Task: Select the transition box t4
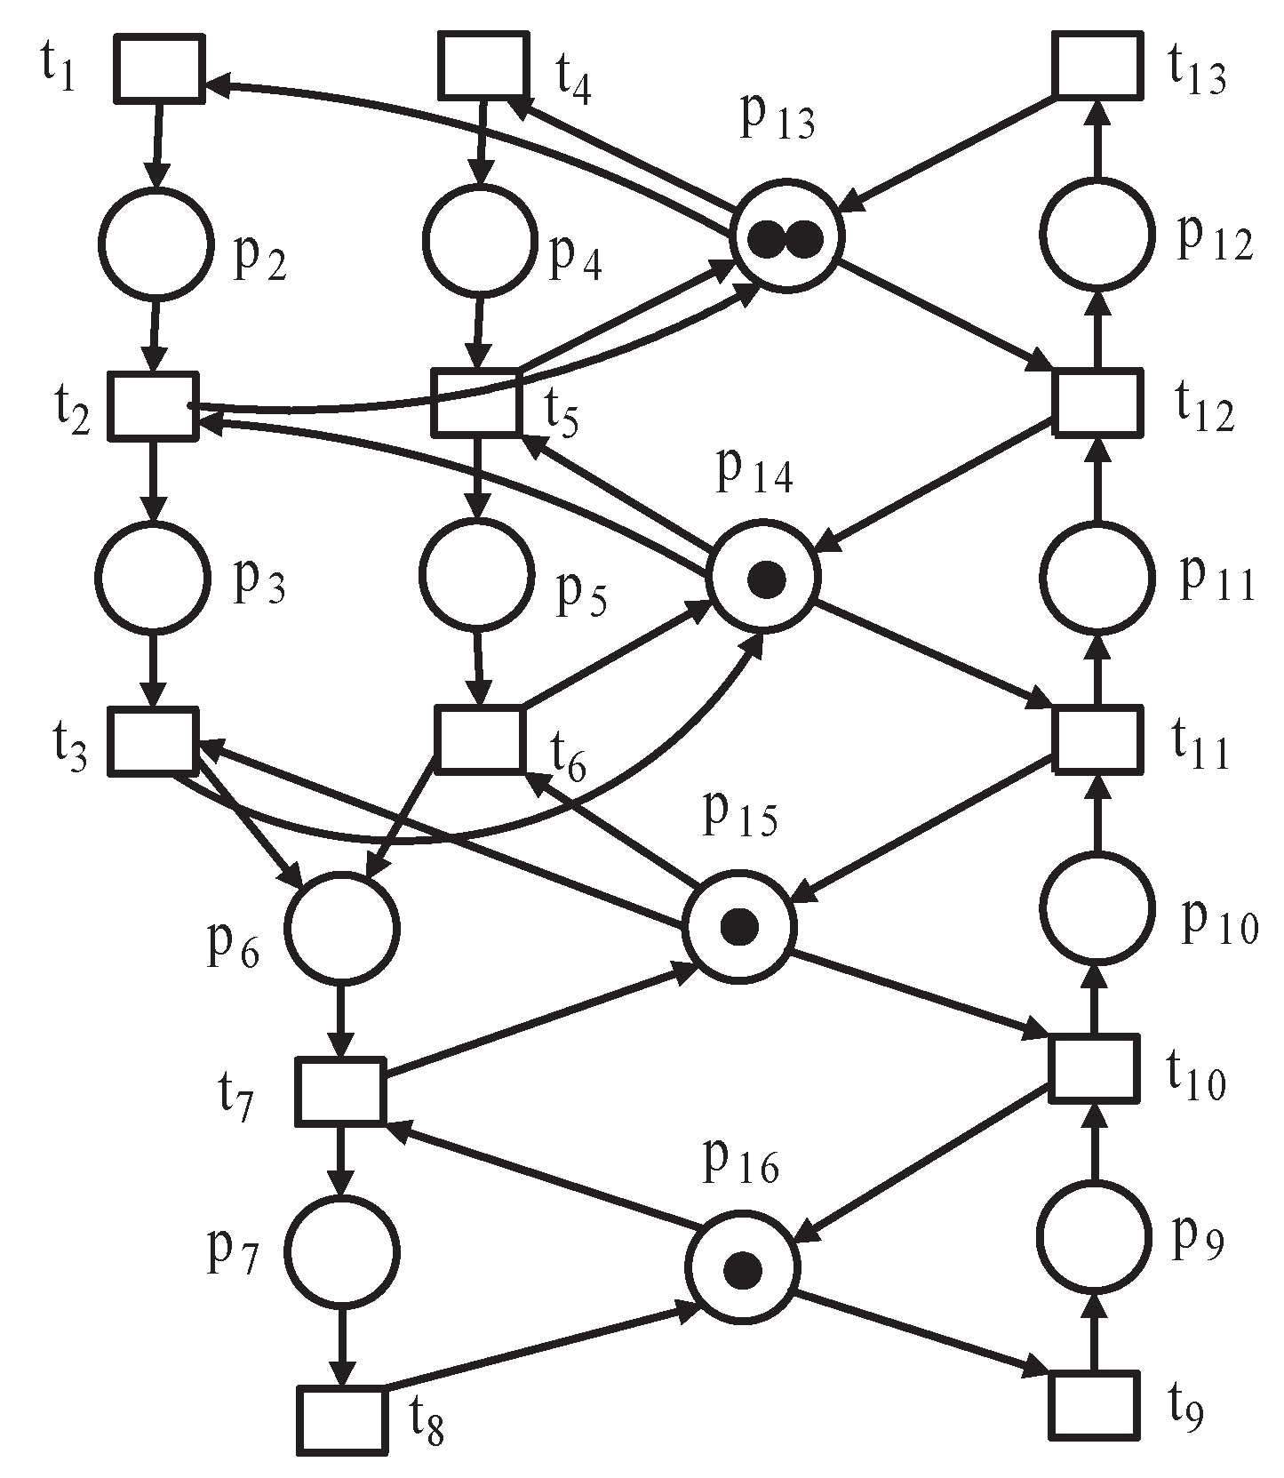click(482, 66)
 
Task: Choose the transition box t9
click(1094, 1405)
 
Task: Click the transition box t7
click(340, 1090)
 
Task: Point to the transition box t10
click(1093, 1068)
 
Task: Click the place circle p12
click(1096, 234)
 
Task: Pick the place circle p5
click(477, 574)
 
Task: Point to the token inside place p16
click(742, 1270)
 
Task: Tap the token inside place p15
click(739, 927)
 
